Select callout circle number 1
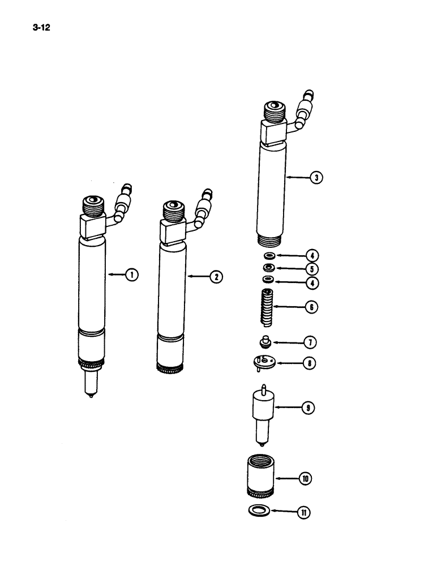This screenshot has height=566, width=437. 131,275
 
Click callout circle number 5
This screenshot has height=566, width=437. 311,268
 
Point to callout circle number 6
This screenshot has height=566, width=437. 311,307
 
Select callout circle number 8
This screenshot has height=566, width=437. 310,363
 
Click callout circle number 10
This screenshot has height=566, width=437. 305,478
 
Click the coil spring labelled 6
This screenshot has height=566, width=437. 267,307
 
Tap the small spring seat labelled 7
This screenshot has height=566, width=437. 263,342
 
